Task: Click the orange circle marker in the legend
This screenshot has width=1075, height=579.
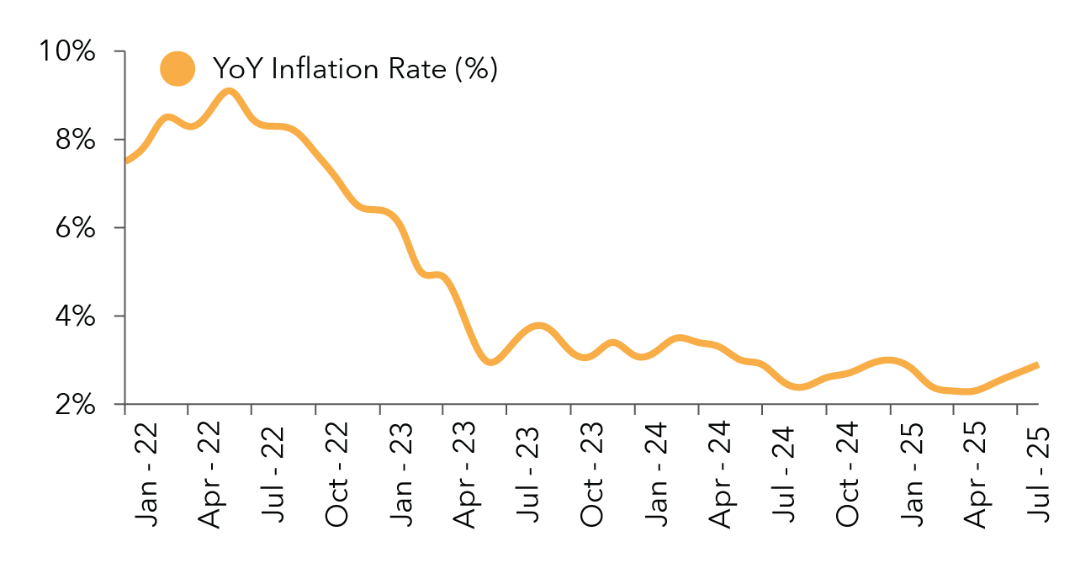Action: coord(177,69)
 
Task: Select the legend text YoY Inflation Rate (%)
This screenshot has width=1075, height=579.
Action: coord(354,69)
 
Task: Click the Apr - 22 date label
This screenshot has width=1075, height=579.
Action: coord(210,476)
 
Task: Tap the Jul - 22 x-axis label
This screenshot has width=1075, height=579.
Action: coord(273,481)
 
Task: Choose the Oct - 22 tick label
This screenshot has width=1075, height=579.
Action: coord(336,476)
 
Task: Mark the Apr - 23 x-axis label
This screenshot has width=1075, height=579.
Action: coord(464,476)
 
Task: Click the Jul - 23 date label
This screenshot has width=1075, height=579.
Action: coord(527,481)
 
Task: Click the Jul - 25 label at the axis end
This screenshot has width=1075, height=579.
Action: coord(1036,481)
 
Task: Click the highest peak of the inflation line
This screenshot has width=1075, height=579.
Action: coord(228,90)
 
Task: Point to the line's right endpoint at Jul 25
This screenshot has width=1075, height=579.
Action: coord(1036,364)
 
